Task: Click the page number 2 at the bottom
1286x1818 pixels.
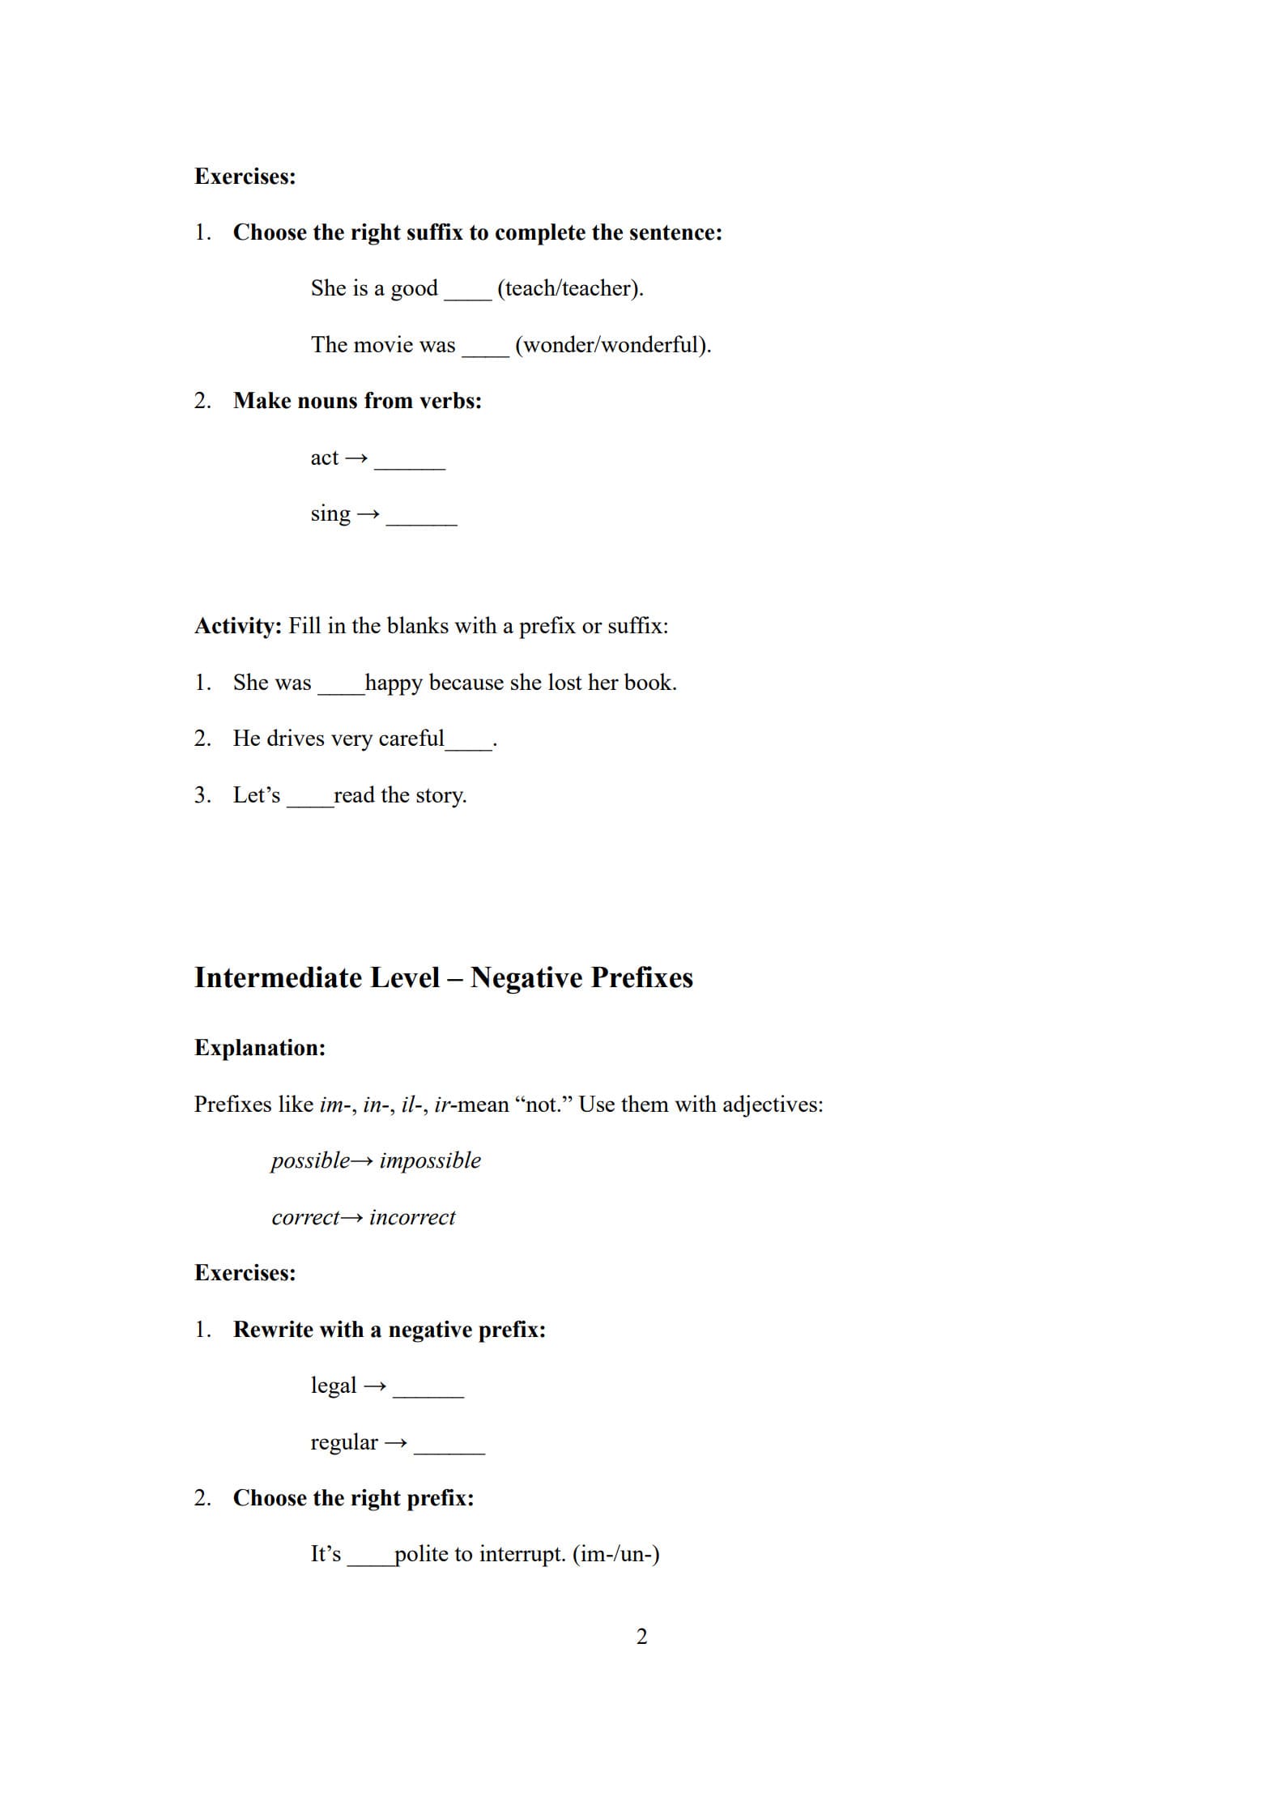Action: (641, 1637)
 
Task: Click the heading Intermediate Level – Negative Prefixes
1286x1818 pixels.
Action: (443, 977)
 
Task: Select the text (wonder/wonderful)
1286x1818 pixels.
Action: (613, 345)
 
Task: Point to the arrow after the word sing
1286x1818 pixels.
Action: (368, 514)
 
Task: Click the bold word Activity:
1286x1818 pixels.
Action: (238, 626)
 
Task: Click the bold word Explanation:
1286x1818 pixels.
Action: (260, 1048)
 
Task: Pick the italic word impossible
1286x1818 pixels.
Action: (430, 1160)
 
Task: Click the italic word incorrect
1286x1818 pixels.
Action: (412, 1217)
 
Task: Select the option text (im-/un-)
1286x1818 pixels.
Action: (616, 1554)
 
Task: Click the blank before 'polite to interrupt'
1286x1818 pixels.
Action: (371, 1560)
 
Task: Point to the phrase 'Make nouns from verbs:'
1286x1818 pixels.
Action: (357, 401)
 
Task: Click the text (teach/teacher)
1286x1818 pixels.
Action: (570, 288)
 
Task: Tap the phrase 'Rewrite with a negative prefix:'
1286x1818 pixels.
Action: (390, 1330)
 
